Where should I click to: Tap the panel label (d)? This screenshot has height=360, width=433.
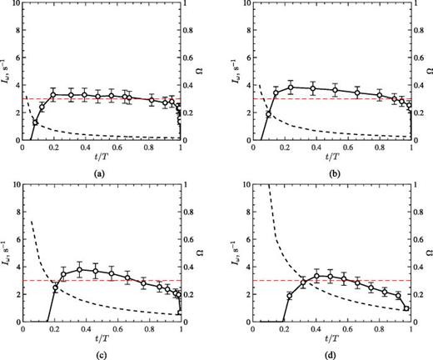(x=331, y=353)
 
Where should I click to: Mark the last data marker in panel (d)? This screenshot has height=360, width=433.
(x=406, y=308)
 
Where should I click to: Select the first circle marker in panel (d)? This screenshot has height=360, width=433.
(x=289, y=296)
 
